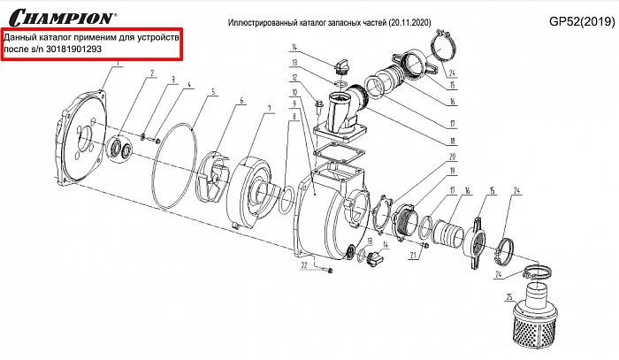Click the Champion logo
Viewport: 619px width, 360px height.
(x=59, y=16)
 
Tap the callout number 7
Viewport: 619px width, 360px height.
(x=269, y=108)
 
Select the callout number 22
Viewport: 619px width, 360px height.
(x=302, y=264)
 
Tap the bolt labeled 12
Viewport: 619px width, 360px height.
(x=316, y=109)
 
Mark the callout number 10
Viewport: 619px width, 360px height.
(x=294, y=92)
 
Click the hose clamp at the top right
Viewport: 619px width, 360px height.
(x=441, y=43)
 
